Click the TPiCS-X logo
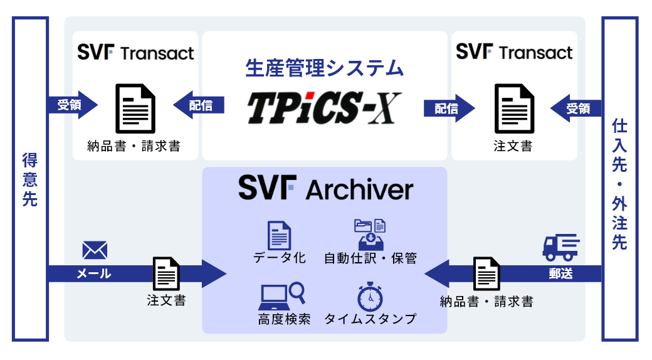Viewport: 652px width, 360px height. [x=323, y=108]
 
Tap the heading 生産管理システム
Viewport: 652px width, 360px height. [x=324, y=67]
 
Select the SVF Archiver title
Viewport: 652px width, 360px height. [x=325, y=188]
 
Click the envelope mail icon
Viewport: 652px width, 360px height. [x=95, y=251]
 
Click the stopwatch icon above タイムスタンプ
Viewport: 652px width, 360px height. [x=370, y=297]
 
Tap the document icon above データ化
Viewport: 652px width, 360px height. [x=279, y=235]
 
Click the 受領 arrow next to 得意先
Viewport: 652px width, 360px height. [x=72, y=105]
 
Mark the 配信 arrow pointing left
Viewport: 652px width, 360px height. [x=198, y=105]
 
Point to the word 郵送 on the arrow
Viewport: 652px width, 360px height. [x=559, y=273]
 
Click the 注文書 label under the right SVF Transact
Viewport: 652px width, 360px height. [x=513, y=147]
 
